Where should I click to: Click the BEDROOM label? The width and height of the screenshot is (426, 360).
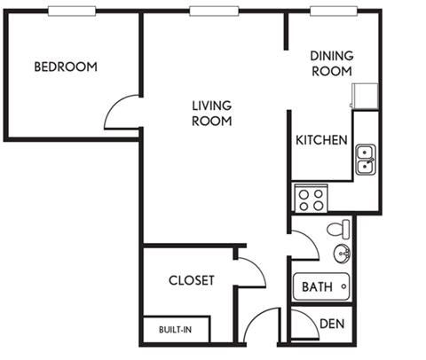66,67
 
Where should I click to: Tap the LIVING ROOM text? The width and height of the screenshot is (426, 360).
212,113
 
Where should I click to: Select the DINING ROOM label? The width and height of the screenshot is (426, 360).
331,64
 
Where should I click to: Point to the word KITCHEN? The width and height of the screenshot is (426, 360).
321,140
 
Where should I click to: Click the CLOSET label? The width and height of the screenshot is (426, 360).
192,280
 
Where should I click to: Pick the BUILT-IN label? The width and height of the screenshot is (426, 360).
176,330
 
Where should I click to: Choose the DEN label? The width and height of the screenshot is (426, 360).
332,324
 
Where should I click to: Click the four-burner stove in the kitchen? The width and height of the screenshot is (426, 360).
311,198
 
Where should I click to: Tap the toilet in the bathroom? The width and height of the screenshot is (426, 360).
338,230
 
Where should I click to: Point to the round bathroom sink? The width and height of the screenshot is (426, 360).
342,255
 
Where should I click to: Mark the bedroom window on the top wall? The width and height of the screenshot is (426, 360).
72,11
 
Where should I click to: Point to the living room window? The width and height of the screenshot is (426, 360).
214,11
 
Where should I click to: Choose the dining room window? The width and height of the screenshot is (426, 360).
333,11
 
